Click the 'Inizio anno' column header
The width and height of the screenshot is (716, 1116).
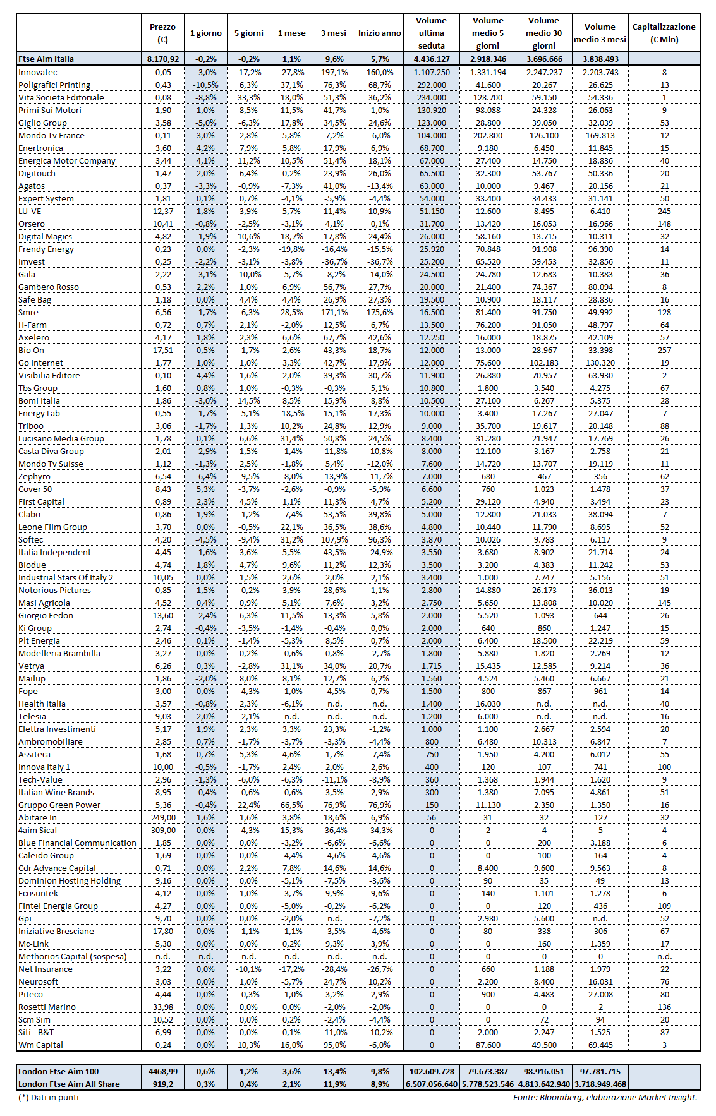coord(379,33)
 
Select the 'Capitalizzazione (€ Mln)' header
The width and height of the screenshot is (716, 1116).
coord(664,33)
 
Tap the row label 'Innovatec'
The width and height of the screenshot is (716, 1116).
coord(38,72)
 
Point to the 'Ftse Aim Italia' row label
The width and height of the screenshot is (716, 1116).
coord(46,59)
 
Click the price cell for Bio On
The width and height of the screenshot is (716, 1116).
coord(163,350)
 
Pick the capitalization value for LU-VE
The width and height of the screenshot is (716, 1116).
coord(664,211)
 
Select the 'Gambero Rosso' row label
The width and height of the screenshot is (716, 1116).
coord(49,287)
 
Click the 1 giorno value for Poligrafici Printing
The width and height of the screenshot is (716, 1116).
coord(205,85)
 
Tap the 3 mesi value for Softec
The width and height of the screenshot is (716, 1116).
coord(334,539)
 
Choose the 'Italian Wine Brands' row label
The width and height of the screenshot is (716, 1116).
coord(56,792)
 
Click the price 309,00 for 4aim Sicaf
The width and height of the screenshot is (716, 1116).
coord(163,830)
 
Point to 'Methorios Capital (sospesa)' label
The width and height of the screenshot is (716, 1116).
coord(73,956)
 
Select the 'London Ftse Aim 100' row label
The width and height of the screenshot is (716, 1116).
coord(59,1071)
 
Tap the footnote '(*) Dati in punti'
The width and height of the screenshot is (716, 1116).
coord(49,1097)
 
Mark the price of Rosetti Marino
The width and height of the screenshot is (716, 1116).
coord(163,1007)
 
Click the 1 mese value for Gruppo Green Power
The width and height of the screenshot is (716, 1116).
coord(291,805)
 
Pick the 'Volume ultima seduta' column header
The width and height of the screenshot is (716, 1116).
coord(432,33)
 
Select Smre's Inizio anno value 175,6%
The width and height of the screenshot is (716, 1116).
coord(379,312)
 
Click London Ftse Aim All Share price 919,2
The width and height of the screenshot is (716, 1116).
coord(163,1084)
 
